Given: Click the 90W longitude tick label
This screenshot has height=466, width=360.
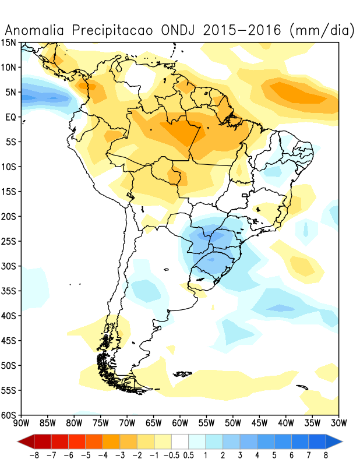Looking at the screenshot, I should pyautogui.click(x=22, y=422).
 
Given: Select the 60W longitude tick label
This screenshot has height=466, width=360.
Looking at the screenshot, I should pyautogui.click(x=180, y=422).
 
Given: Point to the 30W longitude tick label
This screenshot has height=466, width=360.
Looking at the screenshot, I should pyautogui.click(x=338, y=422).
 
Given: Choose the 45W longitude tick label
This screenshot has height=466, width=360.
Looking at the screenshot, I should pyautogui.click(x=259, y=422).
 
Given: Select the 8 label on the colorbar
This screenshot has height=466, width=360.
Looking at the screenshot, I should pyautogui.click(x=325, y=454).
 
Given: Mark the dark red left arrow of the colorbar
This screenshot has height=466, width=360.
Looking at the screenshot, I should pyautogui.click(x=26, y=440).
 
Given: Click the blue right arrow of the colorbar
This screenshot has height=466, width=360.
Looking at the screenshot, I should pyautogui.click(x=335, y=440).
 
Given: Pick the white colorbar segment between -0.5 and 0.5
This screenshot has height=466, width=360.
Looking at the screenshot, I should pyautogui.click(x=179, y=440).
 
